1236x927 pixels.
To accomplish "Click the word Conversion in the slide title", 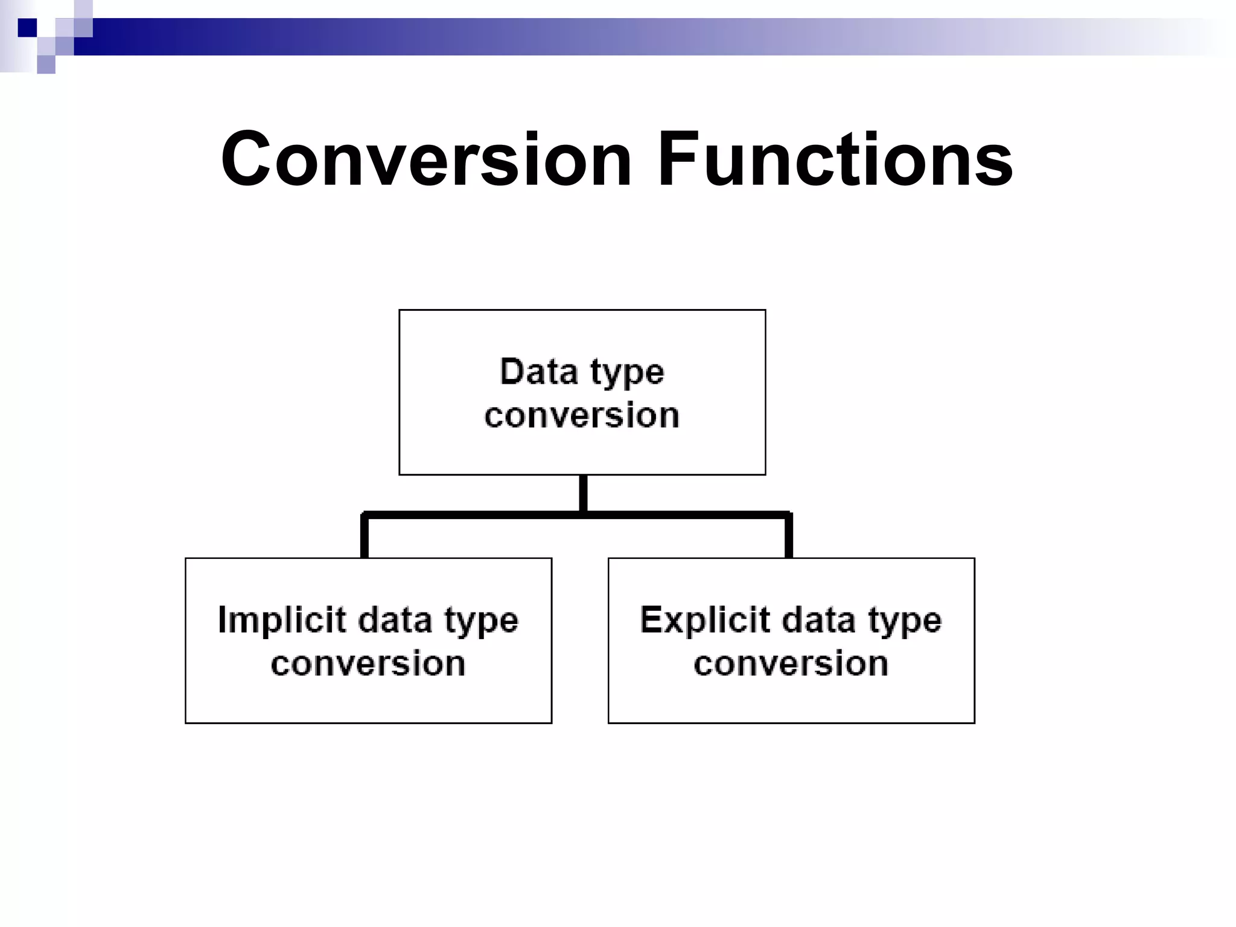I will coord(426,159).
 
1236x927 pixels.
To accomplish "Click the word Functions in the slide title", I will coord(835,159).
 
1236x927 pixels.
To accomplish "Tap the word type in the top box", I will coord(627,374).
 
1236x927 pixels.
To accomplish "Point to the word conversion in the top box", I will coord(582,416).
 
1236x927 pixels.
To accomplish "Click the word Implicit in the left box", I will coord(274,621).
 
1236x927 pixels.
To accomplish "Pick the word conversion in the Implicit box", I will coord(368,664).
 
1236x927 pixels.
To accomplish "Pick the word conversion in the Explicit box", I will coord(791,664).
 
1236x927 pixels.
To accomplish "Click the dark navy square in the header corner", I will coord(27,28).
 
